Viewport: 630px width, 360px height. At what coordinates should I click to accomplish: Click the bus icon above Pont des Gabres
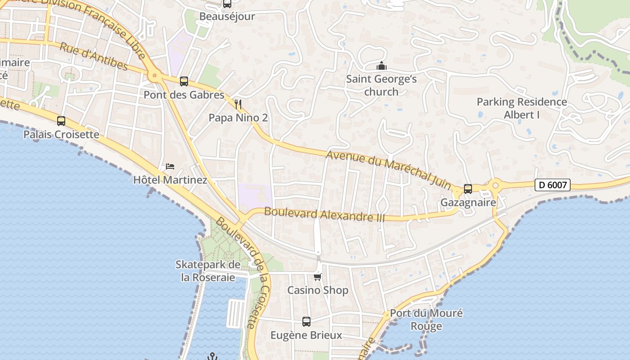[184, 81]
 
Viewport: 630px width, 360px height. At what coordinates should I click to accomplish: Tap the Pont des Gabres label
[184, 95]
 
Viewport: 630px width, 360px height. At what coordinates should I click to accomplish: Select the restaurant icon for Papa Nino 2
[238, 105]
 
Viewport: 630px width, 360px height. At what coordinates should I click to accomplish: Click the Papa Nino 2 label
[238, 118]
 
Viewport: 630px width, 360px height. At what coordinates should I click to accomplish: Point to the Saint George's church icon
[382, 67]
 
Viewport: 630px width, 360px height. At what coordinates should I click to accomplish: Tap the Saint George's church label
[382, 85]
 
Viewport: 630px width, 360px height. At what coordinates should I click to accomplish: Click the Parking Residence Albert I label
[522, 108]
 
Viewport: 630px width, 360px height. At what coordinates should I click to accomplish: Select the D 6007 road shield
[553, 184]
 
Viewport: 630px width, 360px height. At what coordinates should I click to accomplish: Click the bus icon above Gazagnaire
[468, 189]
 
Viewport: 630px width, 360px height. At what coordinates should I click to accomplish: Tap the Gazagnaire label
[468, 202]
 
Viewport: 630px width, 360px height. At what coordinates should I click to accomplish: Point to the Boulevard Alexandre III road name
[324, 214]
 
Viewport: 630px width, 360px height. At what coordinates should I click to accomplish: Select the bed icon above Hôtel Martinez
[170, 166]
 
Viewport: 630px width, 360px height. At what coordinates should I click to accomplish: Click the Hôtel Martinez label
[170, 180]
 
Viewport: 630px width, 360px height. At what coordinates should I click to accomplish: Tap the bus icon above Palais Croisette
[61, 121]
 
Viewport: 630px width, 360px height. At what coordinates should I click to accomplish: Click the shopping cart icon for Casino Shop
[318, 277]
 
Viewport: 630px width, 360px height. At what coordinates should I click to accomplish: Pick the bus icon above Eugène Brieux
[306, 322]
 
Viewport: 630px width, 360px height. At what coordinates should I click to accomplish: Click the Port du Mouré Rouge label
[426, 319]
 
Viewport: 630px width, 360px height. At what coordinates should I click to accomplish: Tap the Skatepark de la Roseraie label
[208, 271]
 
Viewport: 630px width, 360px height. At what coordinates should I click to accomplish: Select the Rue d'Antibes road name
[94, 57]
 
